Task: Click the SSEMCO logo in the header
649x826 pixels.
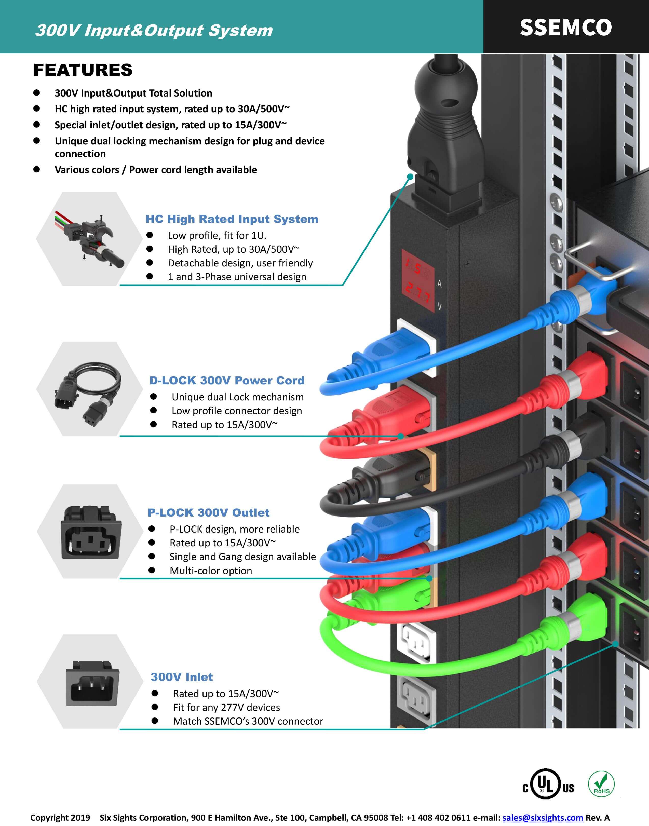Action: pyautogui.click(x=565, y=27)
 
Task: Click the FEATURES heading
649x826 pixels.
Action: pyautogui.click(x=83, y=70)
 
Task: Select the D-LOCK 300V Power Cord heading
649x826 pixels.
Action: pyautogui.click(x=227, y=380)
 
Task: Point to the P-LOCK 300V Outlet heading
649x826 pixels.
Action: pyautogui.click(x=209, y=512)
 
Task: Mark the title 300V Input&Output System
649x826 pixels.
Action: pyautogui.click(x=154, y=30)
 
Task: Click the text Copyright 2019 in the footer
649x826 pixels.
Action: pyautogui.click(x=60, y=817)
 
